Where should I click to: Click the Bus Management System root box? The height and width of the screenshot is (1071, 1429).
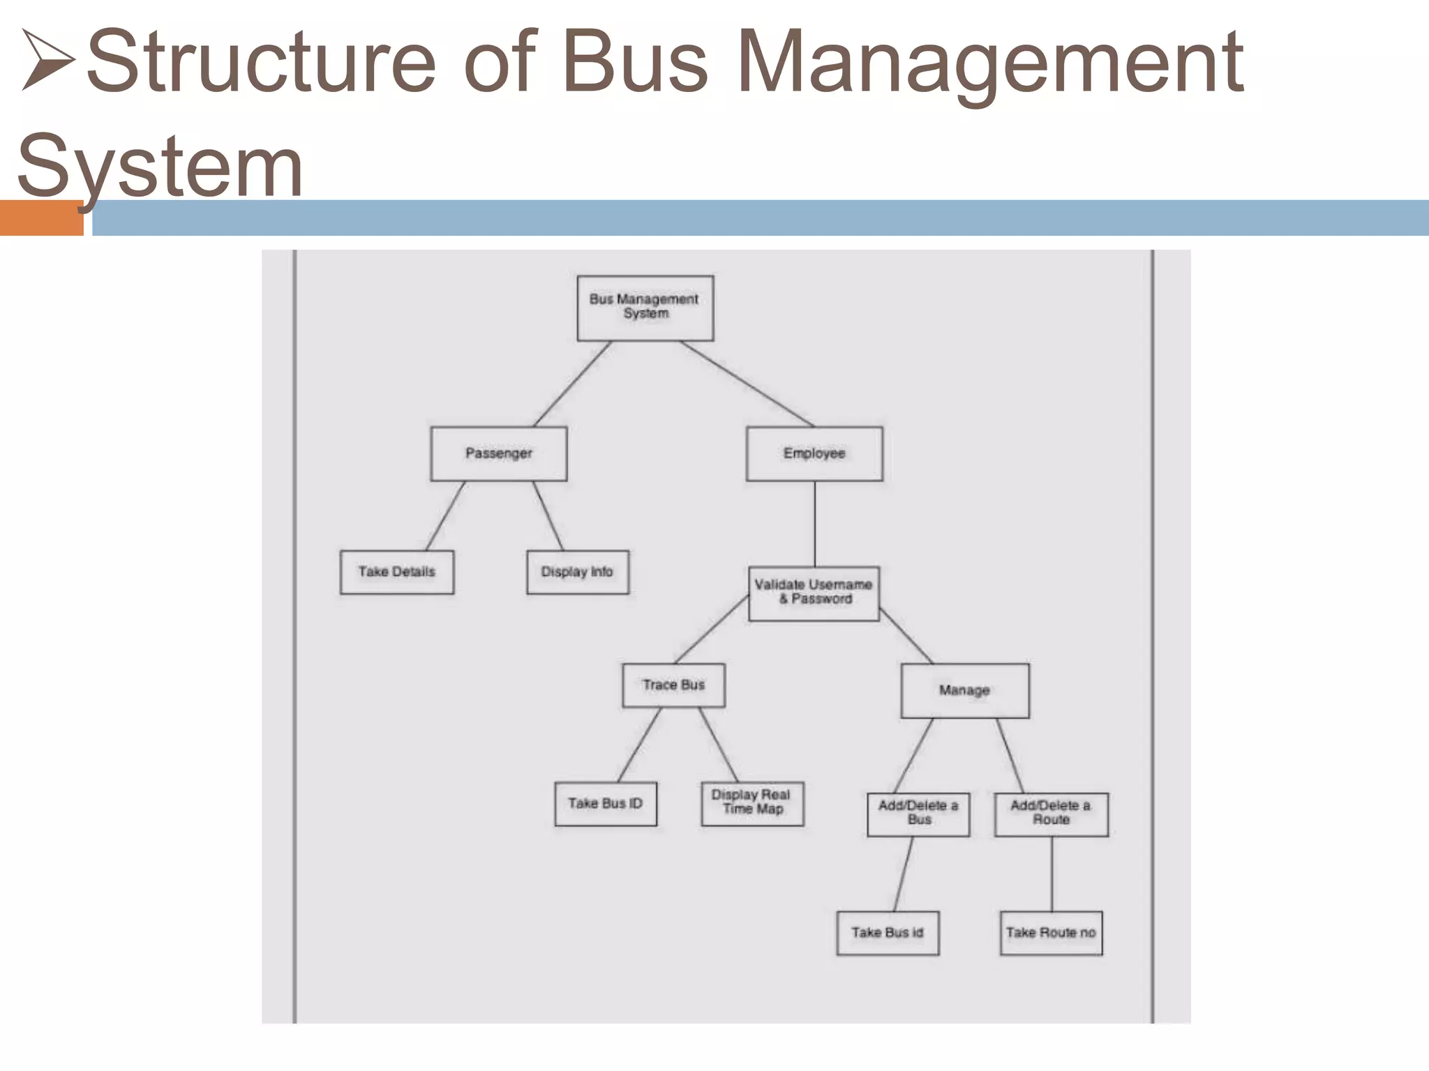(645, 307)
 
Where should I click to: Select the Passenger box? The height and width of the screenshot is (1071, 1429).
(499, 454)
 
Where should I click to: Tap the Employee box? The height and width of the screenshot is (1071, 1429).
(814, 454)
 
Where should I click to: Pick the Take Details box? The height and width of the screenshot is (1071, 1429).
(397, 572)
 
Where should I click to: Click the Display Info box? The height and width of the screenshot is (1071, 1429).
(578, 572)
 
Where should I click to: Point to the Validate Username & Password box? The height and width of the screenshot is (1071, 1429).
(814, 593)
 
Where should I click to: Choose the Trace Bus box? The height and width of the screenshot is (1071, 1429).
(674, 685)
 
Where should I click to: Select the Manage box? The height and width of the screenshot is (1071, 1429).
(965, 690)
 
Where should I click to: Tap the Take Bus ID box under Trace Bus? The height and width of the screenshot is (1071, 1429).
(606, 804)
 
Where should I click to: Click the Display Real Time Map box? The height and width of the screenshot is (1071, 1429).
(752, 803)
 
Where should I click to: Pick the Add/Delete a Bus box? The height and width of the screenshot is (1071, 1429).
(918, 814)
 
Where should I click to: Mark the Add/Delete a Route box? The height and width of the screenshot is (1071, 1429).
(1052, 814)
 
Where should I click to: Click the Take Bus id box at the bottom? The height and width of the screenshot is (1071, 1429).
(888, 933)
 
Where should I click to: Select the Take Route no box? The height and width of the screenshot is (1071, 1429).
(1051, 933)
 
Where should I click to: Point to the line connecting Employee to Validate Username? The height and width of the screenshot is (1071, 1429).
(815, 524)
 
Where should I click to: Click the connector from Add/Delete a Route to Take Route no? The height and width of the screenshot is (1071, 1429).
(1052, 874)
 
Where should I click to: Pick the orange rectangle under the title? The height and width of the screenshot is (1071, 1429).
(41, 218)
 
